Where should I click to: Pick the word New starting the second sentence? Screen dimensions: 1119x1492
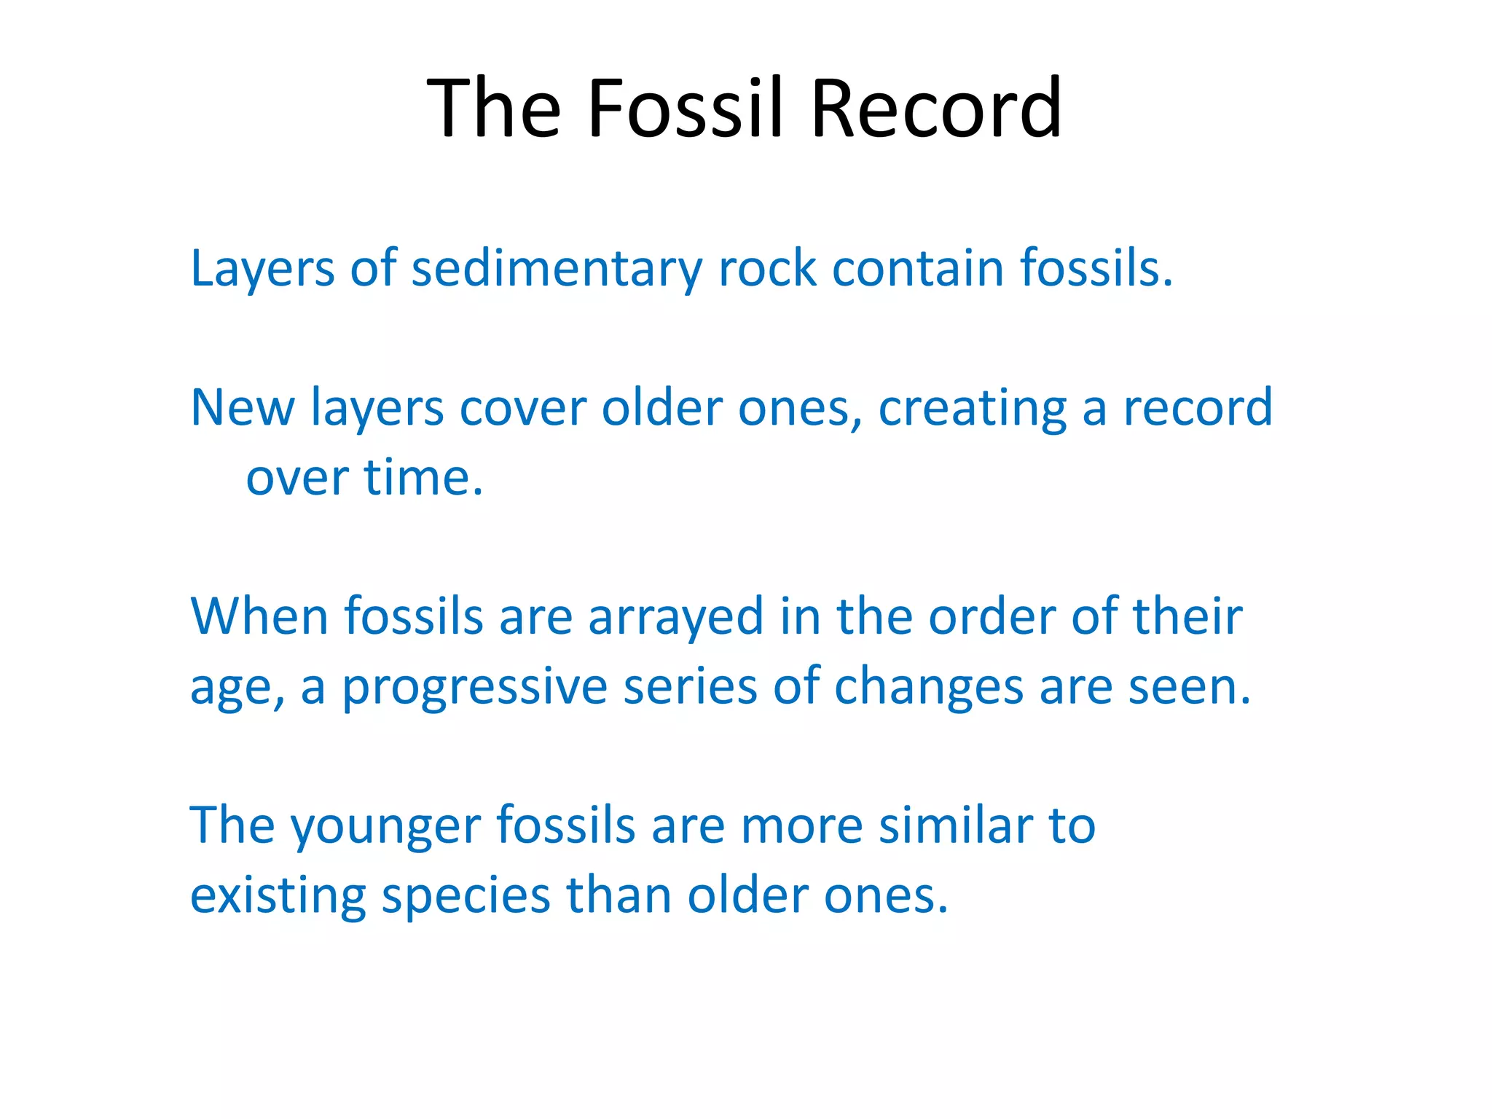tap(242, 407)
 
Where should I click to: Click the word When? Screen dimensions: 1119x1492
tap(259, 616)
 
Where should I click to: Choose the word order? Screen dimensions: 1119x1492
tap(992, 616)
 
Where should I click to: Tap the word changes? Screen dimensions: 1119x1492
tap(928, 688)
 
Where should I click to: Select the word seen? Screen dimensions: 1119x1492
tap(1189, 686)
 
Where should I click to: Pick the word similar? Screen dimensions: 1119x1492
tap(956, 825)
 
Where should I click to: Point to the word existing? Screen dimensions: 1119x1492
tap(278, 896)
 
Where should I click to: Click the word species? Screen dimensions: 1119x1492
tap(466, 896)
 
